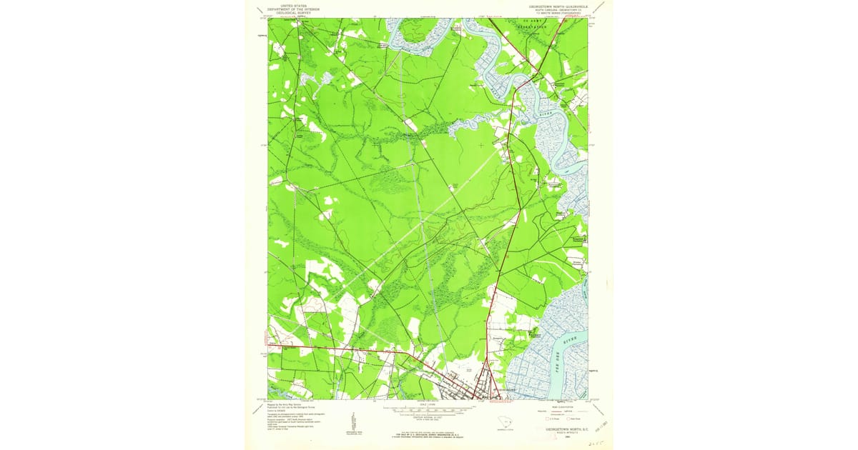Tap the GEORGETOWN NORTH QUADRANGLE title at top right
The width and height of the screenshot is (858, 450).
558,5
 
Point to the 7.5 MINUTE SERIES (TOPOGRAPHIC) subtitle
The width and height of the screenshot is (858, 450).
558,12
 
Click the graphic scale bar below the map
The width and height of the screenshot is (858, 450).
428,410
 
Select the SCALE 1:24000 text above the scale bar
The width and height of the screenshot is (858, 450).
428,404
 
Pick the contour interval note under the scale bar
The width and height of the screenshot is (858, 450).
428,418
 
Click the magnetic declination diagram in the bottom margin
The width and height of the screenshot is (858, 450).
352,421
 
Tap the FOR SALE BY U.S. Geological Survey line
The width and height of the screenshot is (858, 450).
428,434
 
